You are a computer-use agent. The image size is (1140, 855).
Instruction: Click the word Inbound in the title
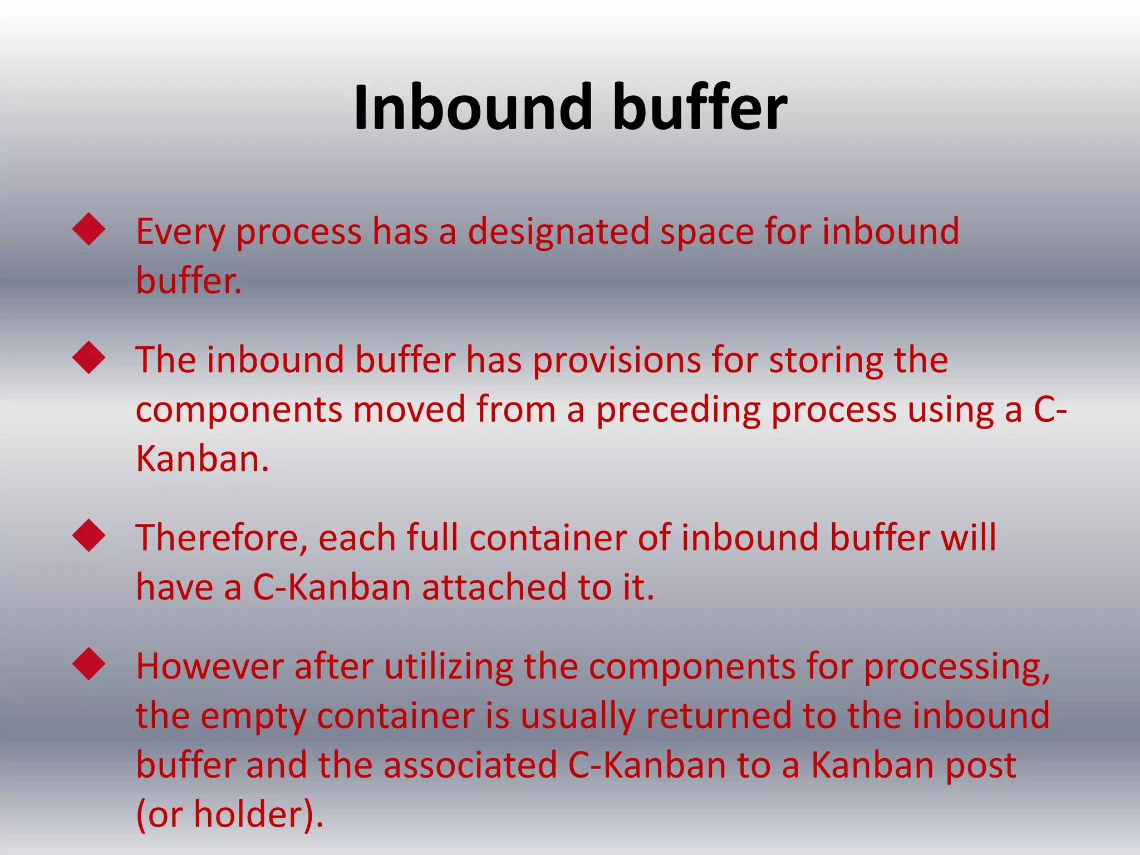pos(473,107)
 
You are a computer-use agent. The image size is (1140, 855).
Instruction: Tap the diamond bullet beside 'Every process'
pos(89,229)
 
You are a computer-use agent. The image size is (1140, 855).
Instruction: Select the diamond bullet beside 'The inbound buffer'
pos(89,357)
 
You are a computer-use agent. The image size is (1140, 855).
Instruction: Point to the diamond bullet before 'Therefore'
pos(89,535)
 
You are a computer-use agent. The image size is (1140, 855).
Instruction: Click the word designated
pos(558,232)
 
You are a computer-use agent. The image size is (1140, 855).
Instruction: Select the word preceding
pos(678,410)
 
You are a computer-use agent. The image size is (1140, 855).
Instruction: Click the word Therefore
pos(222,538)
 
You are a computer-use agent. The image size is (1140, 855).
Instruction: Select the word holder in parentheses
pos(246,815)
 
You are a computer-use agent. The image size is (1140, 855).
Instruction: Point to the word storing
pos(825,361)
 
